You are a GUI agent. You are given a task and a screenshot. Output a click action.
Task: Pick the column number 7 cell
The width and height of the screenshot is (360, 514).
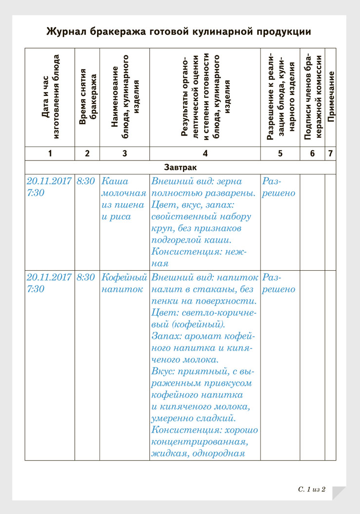click(x=331, y=153)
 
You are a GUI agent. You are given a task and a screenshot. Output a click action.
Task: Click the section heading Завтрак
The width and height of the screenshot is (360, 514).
click(x=181, y=167)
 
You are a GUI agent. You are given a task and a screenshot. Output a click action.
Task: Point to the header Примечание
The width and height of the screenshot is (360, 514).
click(x=331, y=97)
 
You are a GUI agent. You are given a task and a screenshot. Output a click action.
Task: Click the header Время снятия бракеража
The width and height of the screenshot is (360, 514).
click(x=87, y=97)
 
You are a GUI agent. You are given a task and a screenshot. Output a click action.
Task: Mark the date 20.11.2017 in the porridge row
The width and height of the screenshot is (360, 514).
click(x=49, y=181)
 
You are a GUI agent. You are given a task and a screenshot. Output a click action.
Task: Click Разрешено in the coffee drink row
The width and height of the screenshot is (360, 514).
click(x=279, y=283)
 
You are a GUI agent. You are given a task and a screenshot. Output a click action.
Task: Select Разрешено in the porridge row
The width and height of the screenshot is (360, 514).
click(x=279, y=187)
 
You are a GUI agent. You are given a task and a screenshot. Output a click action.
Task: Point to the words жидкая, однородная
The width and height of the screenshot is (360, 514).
click(x=198, y=453)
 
